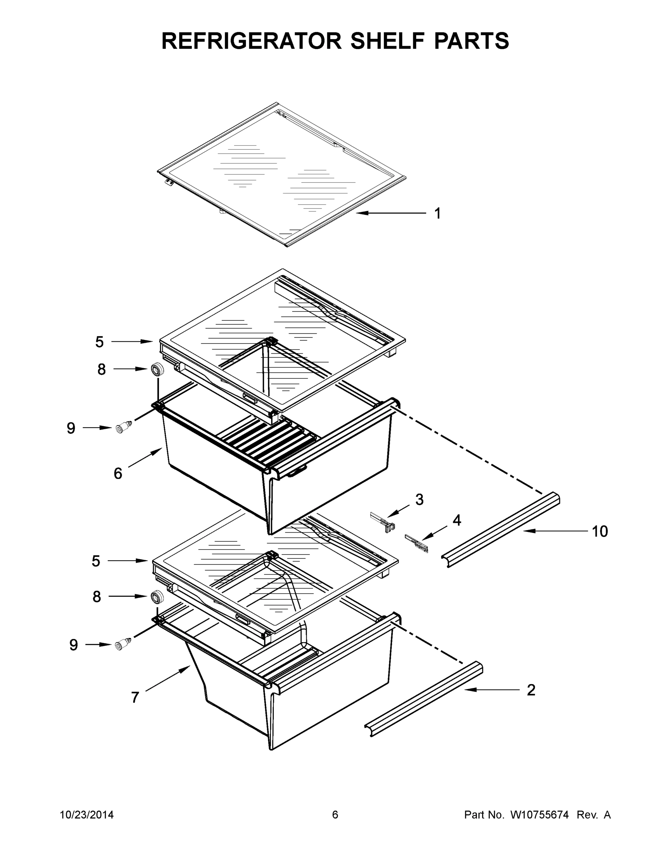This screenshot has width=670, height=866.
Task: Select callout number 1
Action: [x=437, y=214]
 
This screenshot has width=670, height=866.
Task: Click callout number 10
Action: [x=600, y=532]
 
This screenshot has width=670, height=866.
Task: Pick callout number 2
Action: [x=531, y=690]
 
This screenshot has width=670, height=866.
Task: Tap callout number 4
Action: [x=457, y=520]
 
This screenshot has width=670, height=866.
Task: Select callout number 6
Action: [x=118, y=473]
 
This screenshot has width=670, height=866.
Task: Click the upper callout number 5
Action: [x=99, y=342]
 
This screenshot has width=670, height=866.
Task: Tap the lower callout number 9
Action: [x=73, y=645]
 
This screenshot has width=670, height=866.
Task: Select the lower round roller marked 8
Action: [x=157, y=597]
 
